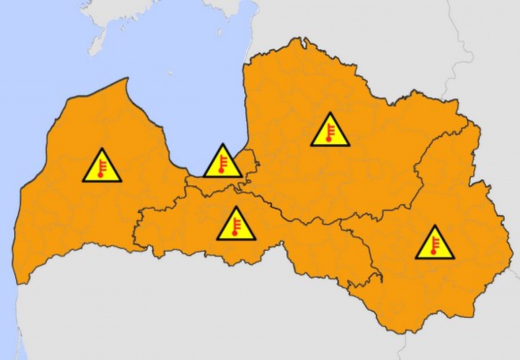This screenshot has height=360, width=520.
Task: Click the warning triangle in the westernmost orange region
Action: pos(102,167)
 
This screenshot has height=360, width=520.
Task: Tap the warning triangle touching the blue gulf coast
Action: pos(222,162)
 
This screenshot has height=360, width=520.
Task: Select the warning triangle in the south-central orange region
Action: pos(236,225)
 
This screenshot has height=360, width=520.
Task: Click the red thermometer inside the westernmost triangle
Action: pos(102,168)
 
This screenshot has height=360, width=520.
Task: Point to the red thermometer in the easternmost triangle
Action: pos(434,245)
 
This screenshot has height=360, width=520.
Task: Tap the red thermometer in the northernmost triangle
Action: pos(330,133)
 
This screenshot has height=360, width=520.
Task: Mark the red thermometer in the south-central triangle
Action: pos(236,226)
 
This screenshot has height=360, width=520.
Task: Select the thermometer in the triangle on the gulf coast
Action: pos(222,164)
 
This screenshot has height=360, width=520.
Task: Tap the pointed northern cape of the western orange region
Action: pos(126,80)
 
